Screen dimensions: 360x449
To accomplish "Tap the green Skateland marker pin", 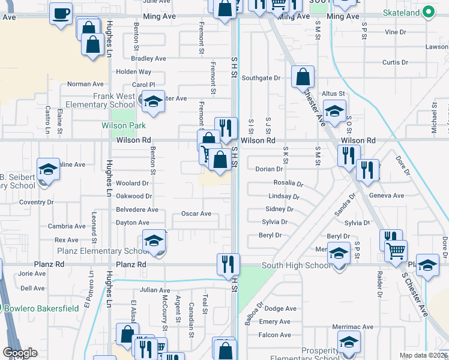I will click(428, 11).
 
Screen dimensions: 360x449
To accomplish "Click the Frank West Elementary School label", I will click(114, 100).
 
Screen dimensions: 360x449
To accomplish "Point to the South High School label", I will click(297, 265).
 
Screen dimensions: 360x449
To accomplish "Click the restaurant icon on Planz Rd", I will click(228, 263).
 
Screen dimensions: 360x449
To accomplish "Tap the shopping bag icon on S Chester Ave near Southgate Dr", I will click(303, 77).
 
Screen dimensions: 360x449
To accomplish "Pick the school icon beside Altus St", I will click(334, 110).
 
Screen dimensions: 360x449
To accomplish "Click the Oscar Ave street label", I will click(196, 214).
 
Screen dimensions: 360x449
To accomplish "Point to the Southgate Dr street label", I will click(261, 78).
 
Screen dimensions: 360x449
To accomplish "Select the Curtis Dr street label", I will click(395, 62).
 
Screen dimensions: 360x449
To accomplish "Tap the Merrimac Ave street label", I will click(354, 327).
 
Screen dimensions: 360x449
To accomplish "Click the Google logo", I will click(20, 353).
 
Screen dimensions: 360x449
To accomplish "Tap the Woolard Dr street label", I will click(132, 183).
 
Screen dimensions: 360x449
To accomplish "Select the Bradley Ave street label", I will click(148, 59).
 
